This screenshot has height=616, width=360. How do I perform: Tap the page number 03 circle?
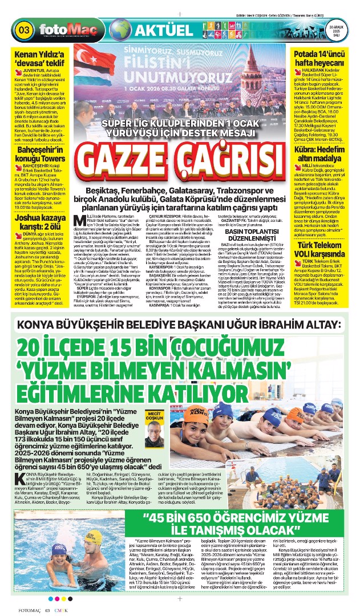25,29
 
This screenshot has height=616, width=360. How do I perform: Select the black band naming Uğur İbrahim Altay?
180,326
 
